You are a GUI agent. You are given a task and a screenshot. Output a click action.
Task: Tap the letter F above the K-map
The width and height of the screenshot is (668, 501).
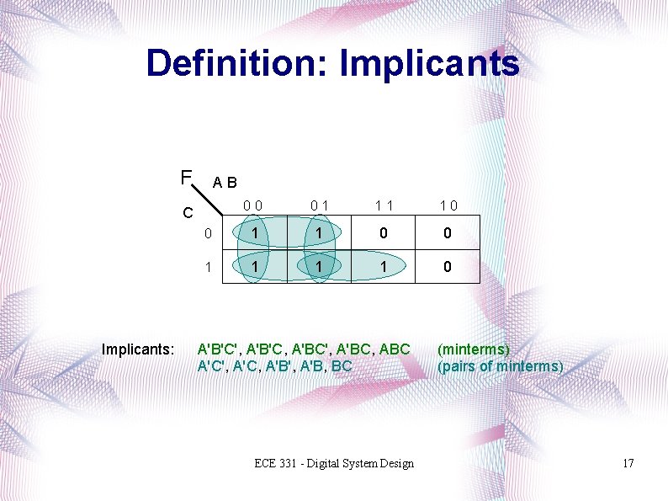pos(185,177)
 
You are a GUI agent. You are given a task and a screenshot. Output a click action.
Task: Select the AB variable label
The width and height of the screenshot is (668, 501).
pos(225,182)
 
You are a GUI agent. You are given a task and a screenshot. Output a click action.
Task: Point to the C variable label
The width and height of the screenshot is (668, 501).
pos(190,212)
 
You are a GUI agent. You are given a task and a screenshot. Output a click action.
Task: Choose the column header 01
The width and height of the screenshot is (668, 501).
pos(319,205)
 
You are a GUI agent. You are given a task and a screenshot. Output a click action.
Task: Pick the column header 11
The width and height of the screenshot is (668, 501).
pos(384,205)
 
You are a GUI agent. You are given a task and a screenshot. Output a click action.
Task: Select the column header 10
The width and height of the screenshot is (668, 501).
pos(448,205)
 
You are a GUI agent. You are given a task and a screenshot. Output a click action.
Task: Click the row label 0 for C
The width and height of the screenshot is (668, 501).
pos(208,233)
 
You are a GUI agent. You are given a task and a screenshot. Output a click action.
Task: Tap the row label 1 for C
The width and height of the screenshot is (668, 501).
pos(208,266)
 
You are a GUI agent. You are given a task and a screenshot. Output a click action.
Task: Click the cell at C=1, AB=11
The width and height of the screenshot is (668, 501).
pos(384,266)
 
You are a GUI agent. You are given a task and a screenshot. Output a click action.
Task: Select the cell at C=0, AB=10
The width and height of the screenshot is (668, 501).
pos(448,233)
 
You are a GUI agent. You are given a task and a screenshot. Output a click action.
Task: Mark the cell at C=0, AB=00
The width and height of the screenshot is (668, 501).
pos(254,233)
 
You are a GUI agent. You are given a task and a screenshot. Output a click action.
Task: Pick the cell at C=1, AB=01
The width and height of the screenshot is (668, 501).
pos(319,266)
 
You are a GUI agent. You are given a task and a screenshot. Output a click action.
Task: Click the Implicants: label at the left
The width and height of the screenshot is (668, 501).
pos(137,349)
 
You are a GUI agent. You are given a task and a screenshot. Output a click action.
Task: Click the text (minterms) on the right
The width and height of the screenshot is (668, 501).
pos(474,349)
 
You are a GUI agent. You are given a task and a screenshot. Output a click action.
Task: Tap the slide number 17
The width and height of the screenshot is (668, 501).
pos(628,463)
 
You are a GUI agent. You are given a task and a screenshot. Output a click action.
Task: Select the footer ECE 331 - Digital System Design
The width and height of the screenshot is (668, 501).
pos(335,463)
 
